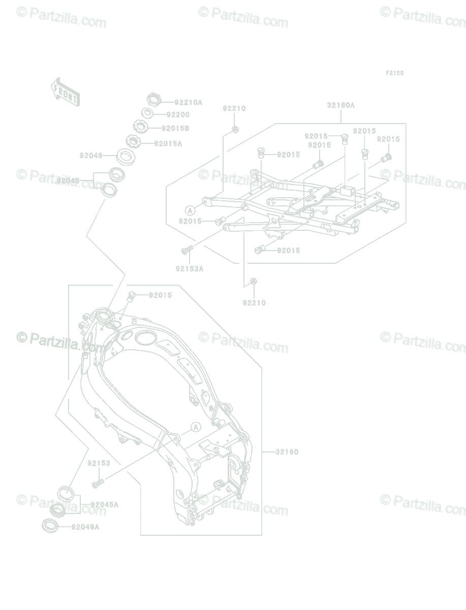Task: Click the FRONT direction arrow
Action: (65, 91)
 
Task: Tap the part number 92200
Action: (178, 115)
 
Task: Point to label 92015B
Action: (175, 129)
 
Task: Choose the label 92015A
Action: (168, 144)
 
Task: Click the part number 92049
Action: (91, 156)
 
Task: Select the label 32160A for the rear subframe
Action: (340, 106)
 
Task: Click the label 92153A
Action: (190, 269)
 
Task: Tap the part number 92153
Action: (99, 464)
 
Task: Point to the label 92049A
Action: (85, 527)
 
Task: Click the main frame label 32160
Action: (287, 452)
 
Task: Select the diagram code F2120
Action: (394, 73)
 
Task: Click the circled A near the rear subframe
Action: (190, 210)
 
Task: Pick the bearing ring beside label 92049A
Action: (49, 525)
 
